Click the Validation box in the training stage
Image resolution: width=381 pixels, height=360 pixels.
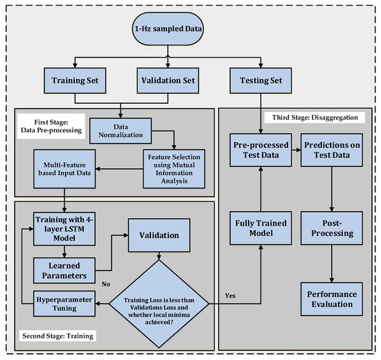point(160,235)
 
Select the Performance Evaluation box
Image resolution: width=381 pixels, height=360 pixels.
point(331,300)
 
